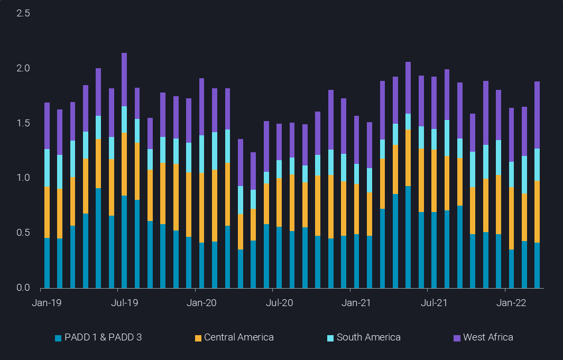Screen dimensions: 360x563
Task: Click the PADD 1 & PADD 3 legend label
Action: pyautogui.click(x=103, y=337)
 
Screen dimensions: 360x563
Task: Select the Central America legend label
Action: pyautogui.click(x=238, y=337)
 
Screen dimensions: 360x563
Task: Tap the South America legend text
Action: pyautogui.click(x=368, y=337)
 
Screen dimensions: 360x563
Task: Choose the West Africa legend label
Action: pyautogui.click(x=488, y=337)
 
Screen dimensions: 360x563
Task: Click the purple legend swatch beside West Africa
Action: pyautogui.click(x=458, y=338)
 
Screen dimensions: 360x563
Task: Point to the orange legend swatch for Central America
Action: pyautogui.click(x=198, y=338)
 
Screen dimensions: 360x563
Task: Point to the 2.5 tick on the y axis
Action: pyautogui.click(x=23, y=13)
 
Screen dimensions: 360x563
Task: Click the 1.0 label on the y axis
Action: pyautogui.click(x=23, y=178)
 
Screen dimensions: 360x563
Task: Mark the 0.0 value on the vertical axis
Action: pyautogui.click(x=23, y=288)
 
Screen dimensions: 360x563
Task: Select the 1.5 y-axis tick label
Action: pyautogui.click(x=23, y=123)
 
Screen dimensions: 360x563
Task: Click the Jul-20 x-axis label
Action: pyautogui.click(x=279, y=303)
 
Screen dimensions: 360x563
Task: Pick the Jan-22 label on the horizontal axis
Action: pyautogui.click(x=512, y=303)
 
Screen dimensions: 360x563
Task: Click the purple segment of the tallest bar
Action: pyautogui.click(x=124, y=79)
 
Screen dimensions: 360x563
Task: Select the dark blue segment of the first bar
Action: pyautogui.click(x=47, y=263)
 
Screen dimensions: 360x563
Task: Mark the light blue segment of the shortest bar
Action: pyautogui.click(x=253, y=199)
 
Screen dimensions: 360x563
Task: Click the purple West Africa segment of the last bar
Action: pyautogui.click(x=537, y=115)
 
